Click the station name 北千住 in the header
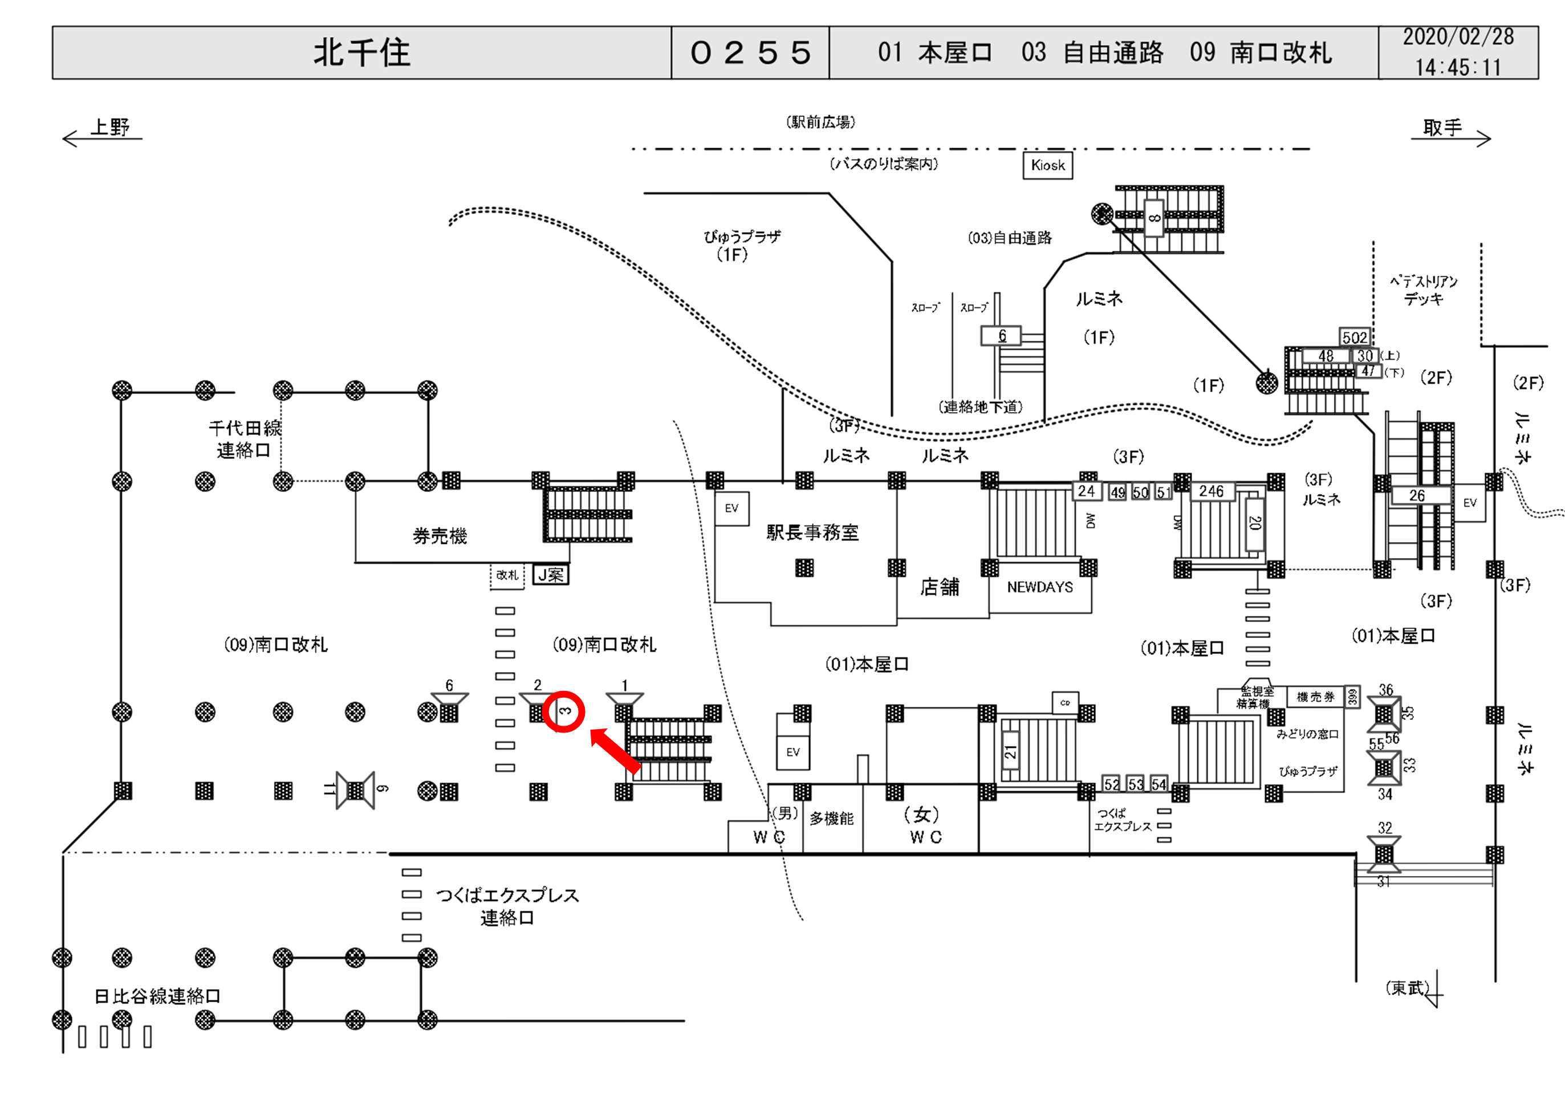click(x=361, y=52)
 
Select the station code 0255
click(x=750, y=52)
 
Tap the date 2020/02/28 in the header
click(x=1458, y=37)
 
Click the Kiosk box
click(x=1048, y=165)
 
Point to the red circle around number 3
click(x=563, y=711)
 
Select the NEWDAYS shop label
click(x=1039, y=587)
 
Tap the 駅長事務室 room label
click(x=812, y=532)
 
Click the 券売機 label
click(x=440, y=536)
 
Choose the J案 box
click(x=550, y=575)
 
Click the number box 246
click(x=1212, y=491)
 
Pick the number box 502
click(x=1355, y=337)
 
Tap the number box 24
click(x=1087, y=491)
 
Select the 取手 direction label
click(x=1442, y=128)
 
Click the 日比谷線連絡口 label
click(x=157, y=996)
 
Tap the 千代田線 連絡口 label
click(x=245, y=439)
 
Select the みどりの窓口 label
click(x=1307, y=734)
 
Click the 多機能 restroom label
click(x=832, y=819)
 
